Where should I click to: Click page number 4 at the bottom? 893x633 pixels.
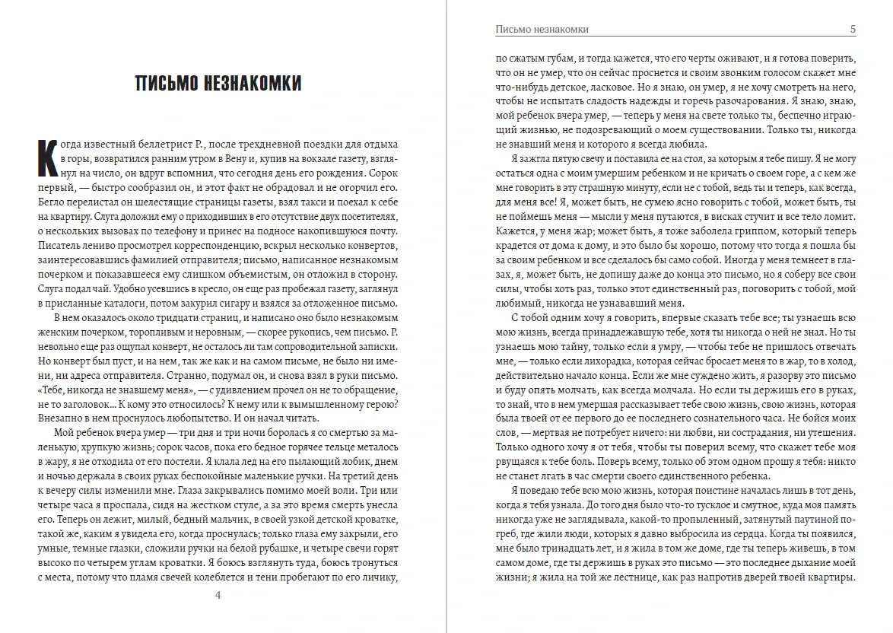click(x=219, y=595)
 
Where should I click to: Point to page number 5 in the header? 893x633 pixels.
click(x=853, y=30)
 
